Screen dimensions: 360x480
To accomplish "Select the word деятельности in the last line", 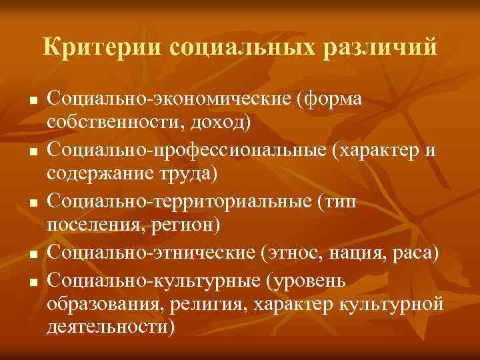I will (x=111, y=327).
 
